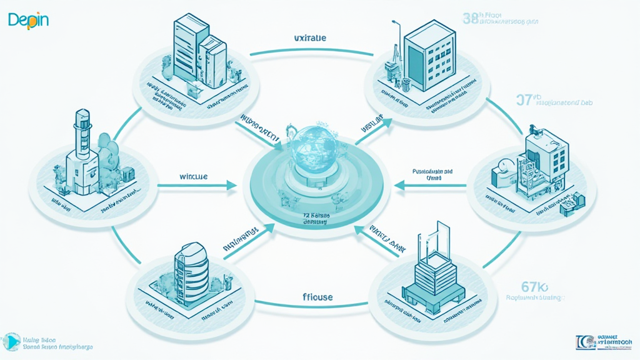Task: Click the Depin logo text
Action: click(x=28, y=20)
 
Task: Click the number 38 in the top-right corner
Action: click(x=471, y=18)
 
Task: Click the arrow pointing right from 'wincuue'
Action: click(x=197, y=185)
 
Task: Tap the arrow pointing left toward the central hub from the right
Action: click(x=431, y=185)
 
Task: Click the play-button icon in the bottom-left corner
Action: click(x=11, y=342)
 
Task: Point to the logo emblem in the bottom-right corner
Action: click(x=584, y=342)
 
